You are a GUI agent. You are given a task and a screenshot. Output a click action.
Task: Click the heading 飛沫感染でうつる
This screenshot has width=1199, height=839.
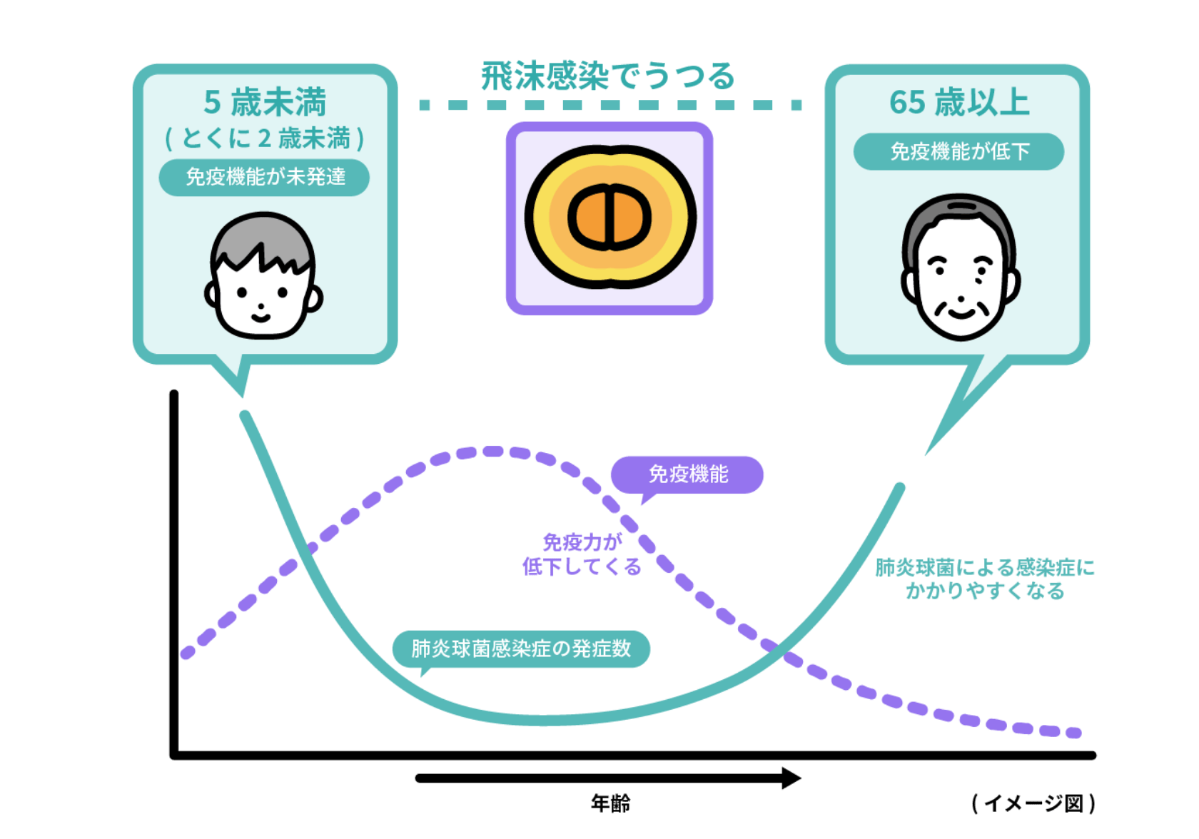pyautogui.click(x=608, y=76)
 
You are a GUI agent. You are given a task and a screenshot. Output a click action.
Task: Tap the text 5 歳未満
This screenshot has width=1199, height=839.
pyautogui.click(x=265, y=102)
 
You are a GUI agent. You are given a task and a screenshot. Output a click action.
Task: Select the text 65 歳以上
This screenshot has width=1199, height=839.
pyautogui.click(x=959, y=102)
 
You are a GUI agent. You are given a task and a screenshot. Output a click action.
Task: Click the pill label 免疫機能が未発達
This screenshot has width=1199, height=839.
pyautogui.click(x=264, y=177)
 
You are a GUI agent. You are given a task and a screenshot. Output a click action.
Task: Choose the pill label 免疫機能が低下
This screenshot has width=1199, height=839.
pyautogui.click(x=958, y=151)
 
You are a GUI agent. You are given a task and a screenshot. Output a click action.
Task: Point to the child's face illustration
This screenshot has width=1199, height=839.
pyautogui.click(x=263, y=275)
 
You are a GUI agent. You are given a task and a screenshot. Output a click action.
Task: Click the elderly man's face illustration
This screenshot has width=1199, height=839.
pyautogui.click(x=961, y=267)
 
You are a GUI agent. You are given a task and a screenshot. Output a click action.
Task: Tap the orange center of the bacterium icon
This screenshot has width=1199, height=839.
pyautogui.click(x=609, y=217)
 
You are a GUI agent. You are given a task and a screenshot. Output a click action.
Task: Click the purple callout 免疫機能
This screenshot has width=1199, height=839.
pyautogui.click(x=687, y=474)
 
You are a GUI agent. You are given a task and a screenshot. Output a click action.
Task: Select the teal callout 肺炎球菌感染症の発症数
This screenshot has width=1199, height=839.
pyautogui.click(x=521, y=649)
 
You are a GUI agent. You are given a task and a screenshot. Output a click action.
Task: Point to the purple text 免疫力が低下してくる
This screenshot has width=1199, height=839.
pyautogui.click(x=582, y=554)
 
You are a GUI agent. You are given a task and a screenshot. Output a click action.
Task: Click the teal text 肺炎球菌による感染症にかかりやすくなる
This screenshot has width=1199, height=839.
pyautogui.click(x=985, y=579)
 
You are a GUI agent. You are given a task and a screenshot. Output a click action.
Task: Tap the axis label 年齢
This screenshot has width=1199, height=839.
pyautogui.click(x=610, y=803)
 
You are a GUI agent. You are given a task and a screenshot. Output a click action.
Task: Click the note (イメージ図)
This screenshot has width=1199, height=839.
pyautogui.click(x=1033, y=803)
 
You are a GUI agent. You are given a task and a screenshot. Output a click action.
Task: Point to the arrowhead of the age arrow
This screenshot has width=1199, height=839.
pyautogui.click(x=791, y=778)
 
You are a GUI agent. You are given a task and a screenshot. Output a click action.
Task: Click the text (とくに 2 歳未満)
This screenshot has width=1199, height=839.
pyautogui.click(x=265, y=138)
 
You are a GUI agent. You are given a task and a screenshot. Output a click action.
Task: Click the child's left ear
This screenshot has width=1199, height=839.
pyautogui.click(x=211, y=295)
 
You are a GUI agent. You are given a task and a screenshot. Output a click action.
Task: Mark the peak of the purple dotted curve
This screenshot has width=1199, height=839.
pyautogui.click(x=492, y=451)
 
